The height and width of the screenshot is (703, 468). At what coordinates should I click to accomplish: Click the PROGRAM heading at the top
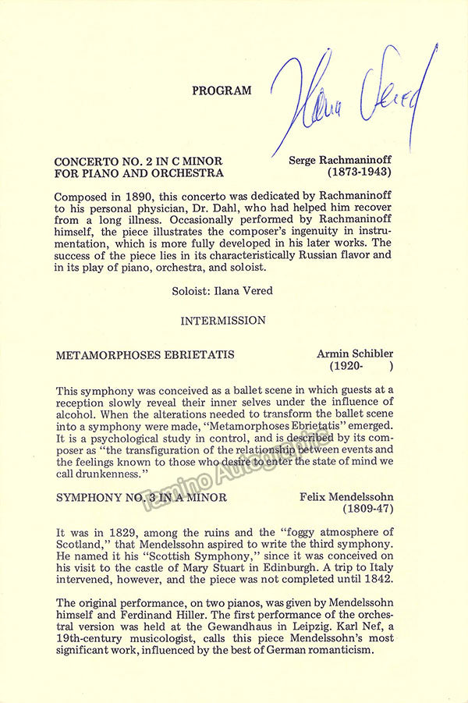point(222,91)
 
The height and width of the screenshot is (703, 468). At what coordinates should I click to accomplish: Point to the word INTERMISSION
point(223,320)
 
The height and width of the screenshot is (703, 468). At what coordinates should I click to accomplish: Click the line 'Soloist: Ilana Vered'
point(222,290)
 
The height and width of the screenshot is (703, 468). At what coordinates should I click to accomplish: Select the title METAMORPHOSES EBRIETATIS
point(145,355)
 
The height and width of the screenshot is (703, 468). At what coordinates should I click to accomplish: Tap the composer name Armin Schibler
point(355,354)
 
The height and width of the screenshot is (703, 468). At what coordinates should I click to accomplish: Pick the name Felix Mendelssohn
point(348,497)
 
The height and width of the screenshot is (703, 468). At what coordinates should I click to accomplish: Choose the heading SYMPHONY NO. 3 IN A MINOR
point(142,497)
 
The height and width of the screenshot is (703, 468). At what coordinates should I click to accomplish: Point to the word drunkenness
point(110,474)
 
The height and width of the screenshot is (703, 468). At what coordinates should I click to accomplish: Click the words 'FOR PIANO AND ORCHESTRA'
point(139,173)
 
